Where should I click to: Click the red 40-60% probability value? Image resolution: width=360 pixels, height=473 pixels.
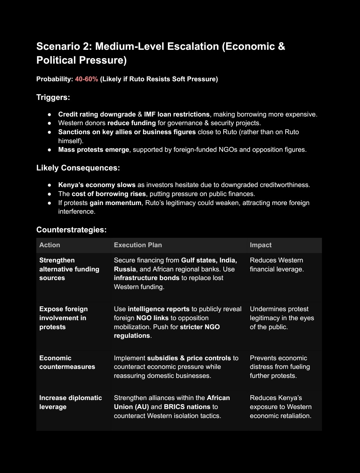pyautogui.click(x=86, y=79)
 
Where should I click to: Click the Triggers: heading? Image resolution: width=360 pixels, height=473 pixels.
pyautogui.click(x=53, y=97)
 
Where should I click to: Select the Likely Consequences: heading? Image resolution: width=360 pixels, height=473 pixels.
pyautogui.click(x=78, y=168)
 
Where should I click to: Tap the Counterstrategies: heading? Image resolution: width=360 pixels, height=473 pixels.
pyautogui.click(x=72, y=230)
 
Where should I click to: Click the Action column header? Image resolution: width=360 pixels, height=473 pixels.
pyautogui.click(x=50, y=245)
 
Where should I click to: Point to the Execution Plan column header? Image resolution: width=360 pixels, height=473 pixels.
pyautogui.click(x=138, y=245)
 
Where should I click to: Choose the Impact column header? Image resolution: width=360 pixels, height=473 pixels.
pyautogui.click(x=261, y=245)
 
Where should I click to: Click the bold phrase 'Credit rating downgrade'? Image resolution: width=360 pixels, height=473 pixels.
pyautogui.click(x=97, y=114)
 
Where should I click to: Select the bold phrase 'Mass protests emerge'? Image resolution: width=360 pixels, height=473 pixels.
pyautogui.click(x=94, y=149)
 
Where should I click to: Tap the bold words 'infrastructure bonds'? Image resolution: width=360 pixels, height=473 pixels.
pyautogui.click(x=147, y=278)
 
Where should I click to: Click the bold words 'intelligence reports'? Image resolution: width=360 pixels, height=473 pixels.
pyautogui.click(x=158, y=309)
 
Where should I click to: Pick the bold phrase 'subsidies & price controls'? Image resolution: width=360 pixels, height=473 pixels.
pyautogui.click(x=189, y=358)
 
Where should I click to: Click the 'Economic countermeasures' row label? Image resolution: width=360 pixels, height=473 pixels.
pyautogui.click(x=67, y=362)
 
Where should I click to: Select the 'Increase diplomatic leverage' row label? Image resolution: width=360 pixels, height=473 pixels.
pyautogui.click(x=71, y=402)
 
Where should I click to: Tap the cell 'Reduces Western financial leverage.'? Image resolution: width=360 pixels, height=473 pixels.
pyautogui.click(x=277, y=265)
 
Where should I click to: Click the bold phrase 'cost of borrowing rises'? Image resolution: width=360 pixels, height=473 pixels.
pyautogui.click(x=109, y=194)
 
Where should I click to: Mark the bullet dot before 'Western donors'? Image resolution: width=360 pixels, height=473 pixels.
pyautogui.click(x=50, y=123)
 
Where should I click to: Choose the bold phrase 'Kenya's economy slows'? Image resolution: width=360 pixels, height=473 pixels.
pyautogui.click(x=97, y=185)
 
